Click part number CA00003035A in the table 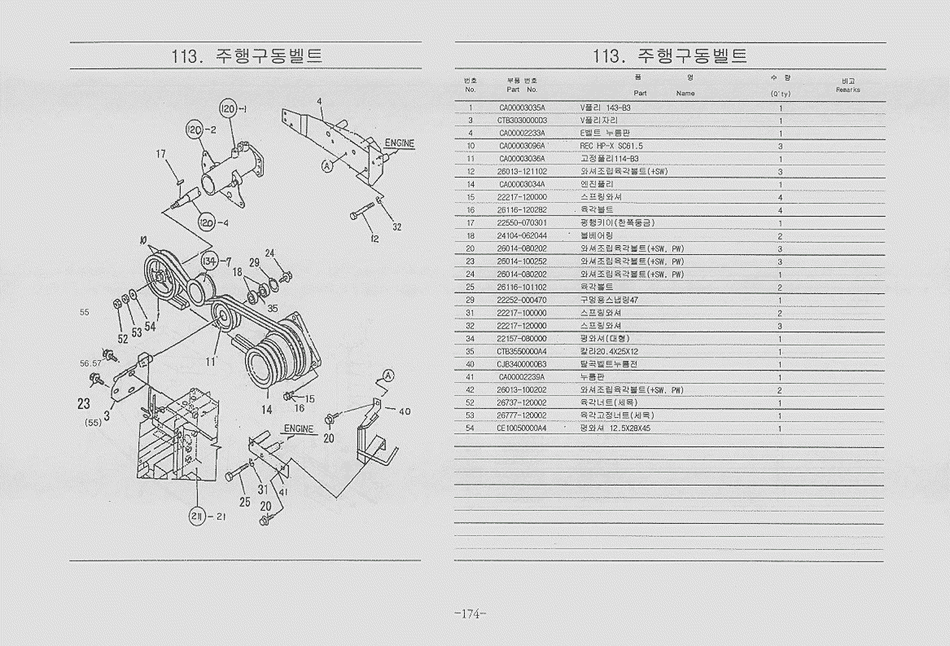pos(522,107)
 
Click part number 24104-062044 pos(522,235)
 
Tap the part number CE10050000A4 pos(522,428)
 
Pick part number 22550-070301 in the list pos(522,222)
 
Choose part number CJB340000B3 pos(522,364)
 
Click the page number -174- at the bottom pos(470,613)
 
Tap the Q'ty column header pos(781,93)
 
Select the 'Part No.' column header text pos(522,90)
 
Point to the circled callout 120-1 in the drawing pos(229,110)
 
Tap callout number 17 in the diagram pos(161,153)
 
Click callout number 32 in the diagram pos(396,227)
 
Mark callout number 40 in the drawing pos(404,411)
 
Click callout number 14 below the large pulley pos(267,410)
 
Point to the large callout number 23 pos(84,403)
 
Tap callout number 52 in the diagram pos(122,338)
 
